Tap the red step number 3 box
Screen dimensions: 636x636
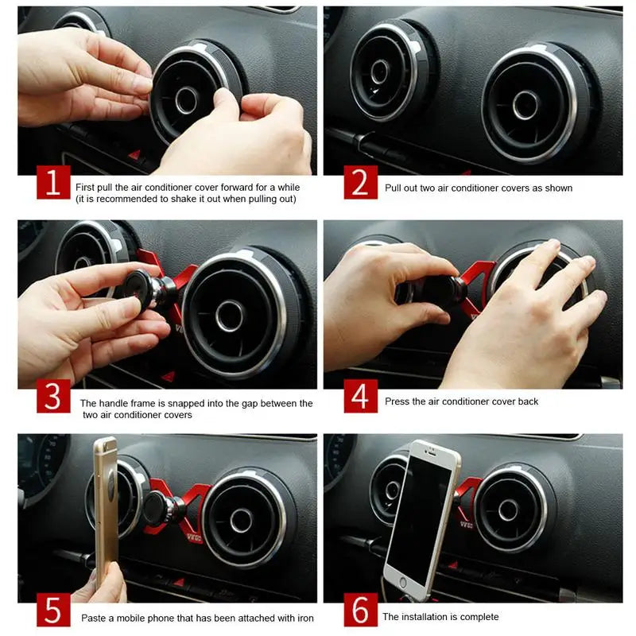click(x=52, y=396)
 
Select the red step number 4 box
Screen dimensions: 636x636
click(x=360, y=396)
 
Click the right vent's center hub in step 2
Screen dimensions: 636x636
click(x=525, y=105)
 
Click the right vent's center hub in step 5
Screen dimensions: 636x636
click(x=241, y=520)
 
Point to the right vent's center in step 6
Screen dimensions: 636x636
click(x=508, y=510)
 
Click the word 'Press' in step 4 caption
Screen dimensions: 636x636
click(x=397, y=401)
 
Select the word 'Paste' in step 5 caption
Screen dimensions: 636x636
click(x=94, y=618)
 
